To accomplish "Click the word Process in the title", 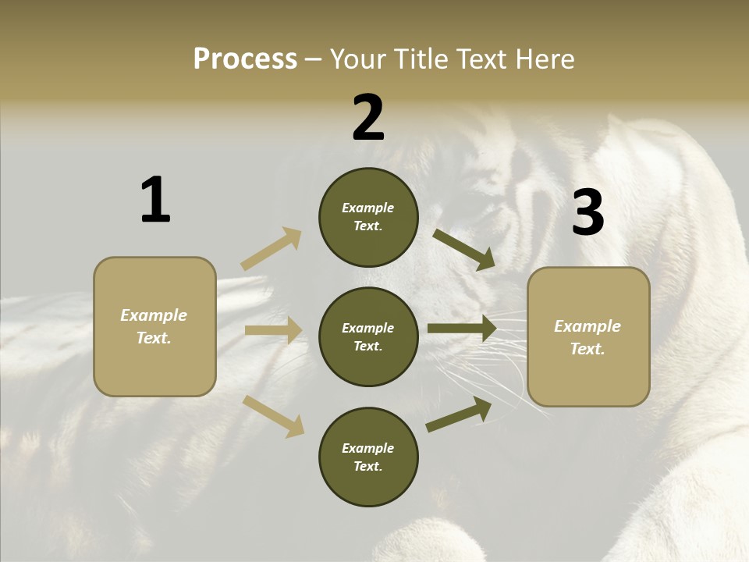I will pos(245,59).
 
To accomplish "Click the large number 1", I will pos(155,201).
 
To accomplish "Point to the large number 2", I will pos(368,118).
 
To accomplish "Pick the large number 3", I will pos(587,212).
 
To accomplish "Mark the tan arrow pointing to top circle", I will pos(272,249).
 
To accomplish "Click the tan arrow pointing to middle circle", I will pos(273,330).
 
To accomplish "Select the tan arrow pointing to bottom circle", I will pos(273,415).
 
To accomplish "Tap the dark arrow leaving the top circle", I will pos(464,249).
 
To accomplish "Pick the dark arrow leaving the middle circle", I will pos(462,329).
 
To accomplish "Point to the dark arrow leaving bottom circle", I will pos(459,414).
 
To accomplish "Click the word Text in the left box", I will pos(154,338).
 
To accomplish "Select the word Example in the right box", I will pos(587,326).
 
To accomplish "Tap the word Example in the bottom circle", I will pos(368,448).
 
